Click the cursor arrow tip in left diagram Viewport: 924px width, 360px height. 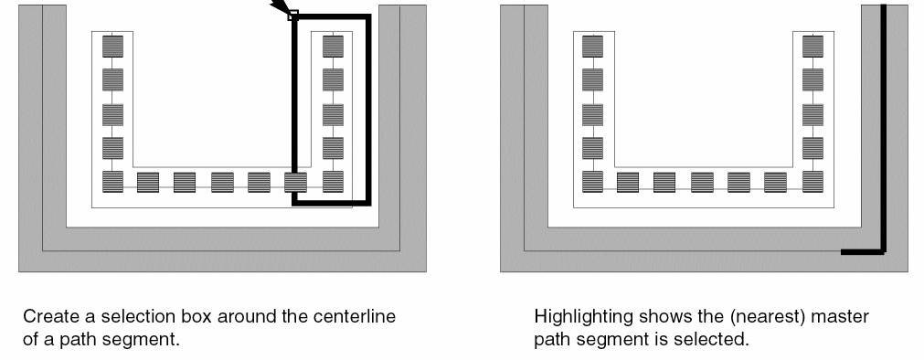click(292, 14)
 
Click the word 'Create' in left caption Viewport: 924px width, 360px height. click(51, 317)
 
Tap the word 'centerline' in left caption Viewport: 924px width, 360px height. click(355, 317)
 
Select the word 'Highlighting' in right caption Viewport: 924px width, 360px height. click(579, 317)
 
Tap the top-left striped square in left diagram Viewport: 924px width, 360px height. click(112, 46)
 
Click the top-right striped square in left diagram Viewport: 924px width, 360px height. click(333, 46)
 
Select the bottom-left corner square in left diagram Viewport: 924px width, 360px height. click(112, 182)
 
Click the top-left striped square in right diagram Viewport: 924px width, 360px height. click(592, 46)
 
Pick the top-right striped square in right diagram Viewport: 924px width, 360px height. click(812, 46)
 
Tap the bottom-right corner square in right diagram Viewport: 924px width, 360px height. click(812, 182)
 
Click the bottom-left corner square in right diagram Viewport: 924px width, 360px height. click(592, 182)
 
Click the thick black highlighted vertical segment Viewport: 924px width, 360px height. click(884, 129)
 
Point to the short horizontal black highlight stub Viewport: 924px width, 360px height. click(862, 252)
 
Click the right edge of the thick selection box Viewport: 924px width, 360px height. click(369, 110)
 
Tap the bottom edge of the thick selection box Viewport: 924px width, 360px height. click(332, 203)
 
